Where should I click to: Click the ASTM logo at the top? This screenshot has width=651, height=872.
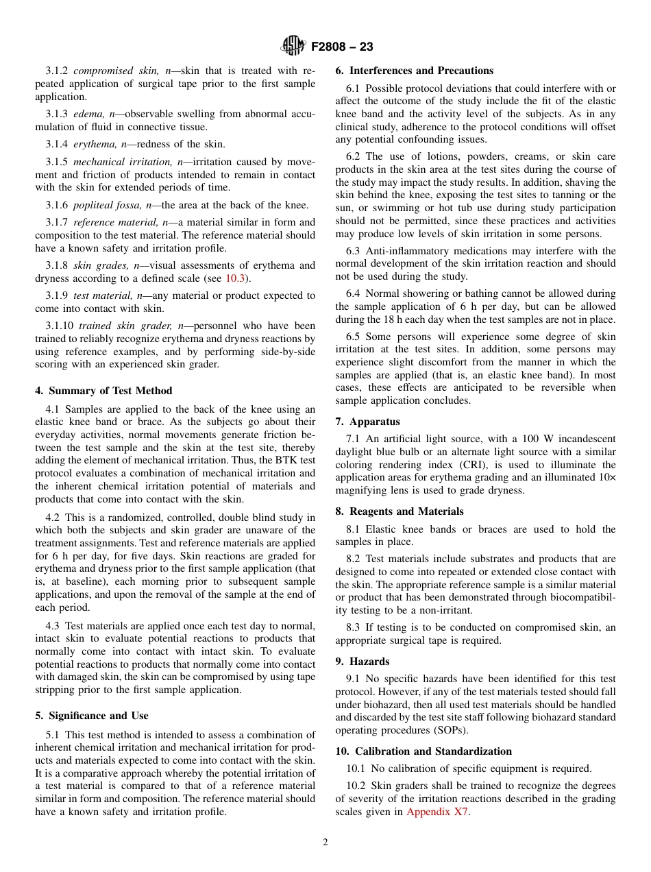293,47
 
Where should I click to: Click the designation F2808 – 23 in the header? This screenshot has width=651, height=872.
342,47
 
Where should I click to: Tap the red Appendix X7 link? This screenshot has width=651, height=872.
438,812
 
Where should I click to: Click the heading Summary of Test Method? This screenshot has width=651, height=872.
103,391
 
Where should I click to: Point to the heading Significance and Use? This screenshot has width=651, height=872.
92,716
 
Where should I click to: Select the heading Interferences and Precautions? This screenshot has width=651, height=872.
414,71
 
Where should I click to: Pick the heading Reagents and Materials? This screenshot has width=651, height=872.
400,511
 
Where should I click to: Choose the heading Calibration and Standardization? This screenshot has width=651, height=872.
423,751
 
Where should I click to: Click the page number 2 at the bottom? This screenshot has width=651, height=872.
325,843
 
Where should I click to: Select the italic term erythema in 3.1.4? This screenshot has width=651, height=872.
94,144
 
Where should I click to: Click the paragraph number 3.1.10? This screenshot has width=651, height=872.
60,326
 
